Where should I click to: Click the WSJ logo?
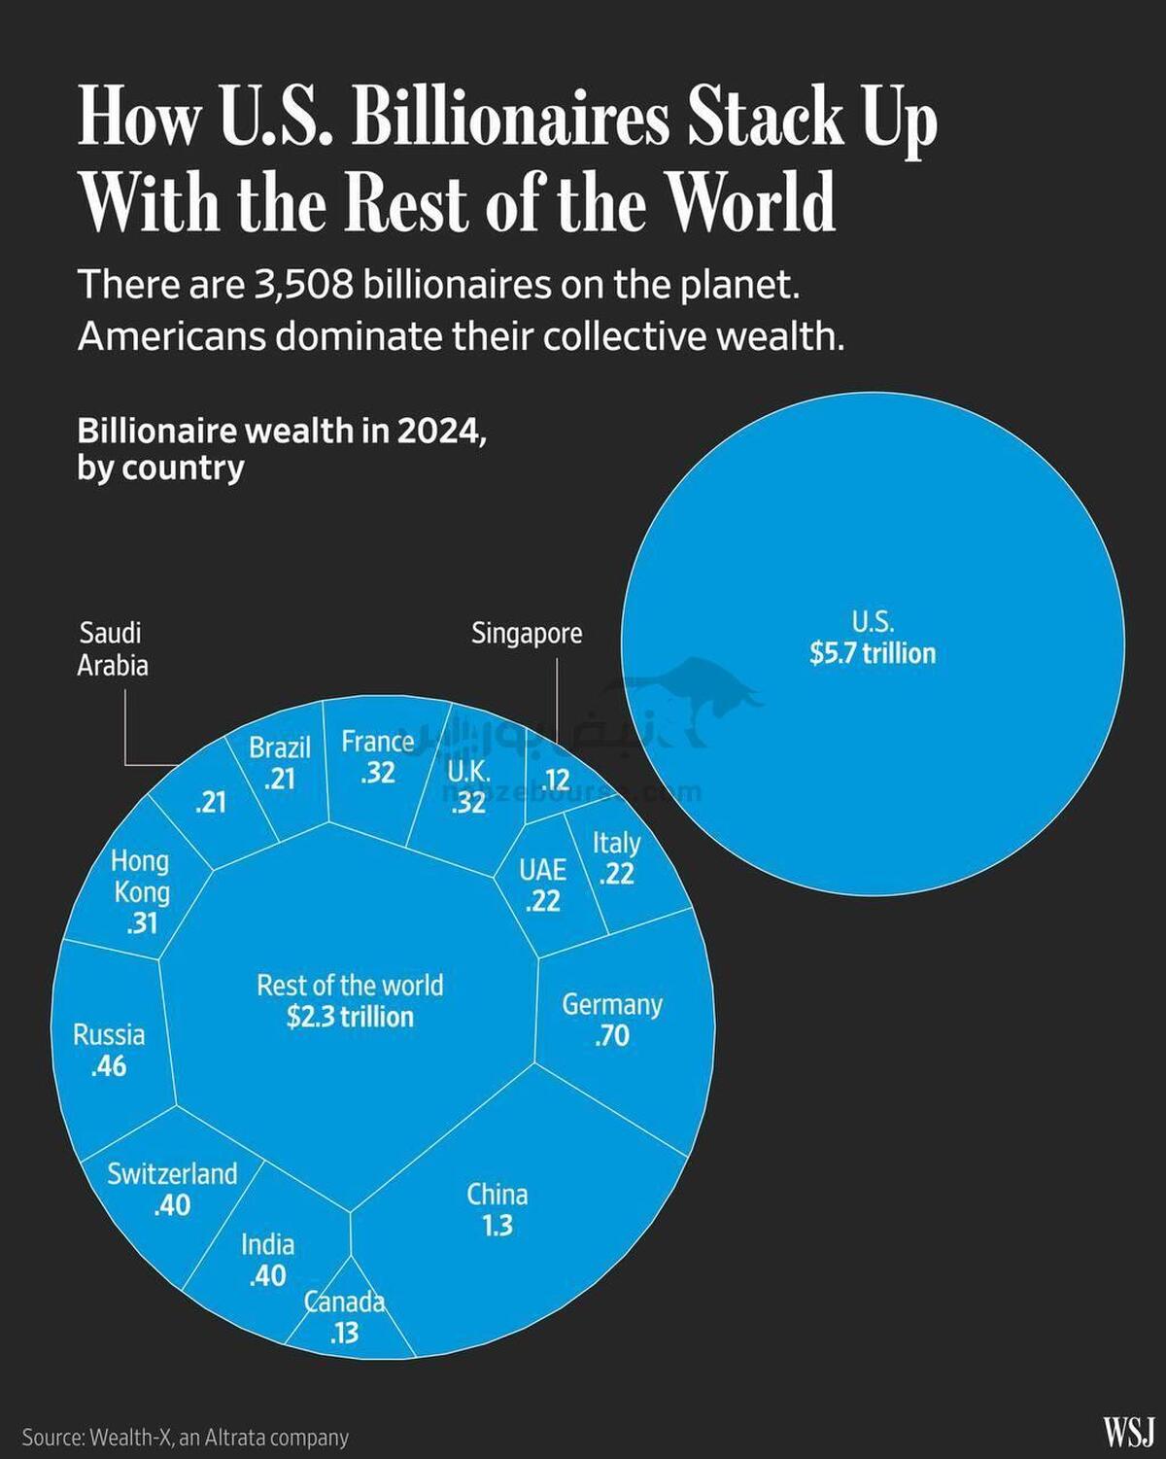point(1127,1431)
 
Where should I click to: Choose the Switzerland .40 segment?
point(172,1188)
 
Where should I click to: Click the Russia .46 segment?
point(109,1050)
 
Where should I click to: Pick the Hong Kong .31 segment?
point(141,891)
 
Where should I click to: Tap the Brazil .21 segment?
point(280,763)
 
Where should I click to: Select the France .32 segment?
point(377,756)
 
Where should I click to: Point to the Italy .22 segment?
point(617,857)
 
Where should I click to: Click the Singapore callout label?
point(527,634)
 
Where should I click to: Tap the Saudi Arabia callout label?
point(113,648)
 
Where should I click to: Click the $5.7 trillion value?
point(873,653)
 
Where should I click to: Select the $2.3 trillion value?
point(350,1017)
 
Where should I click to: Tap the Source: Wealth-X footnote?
point(185,1437)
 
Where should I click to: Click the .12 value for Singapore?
point(556,780)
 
